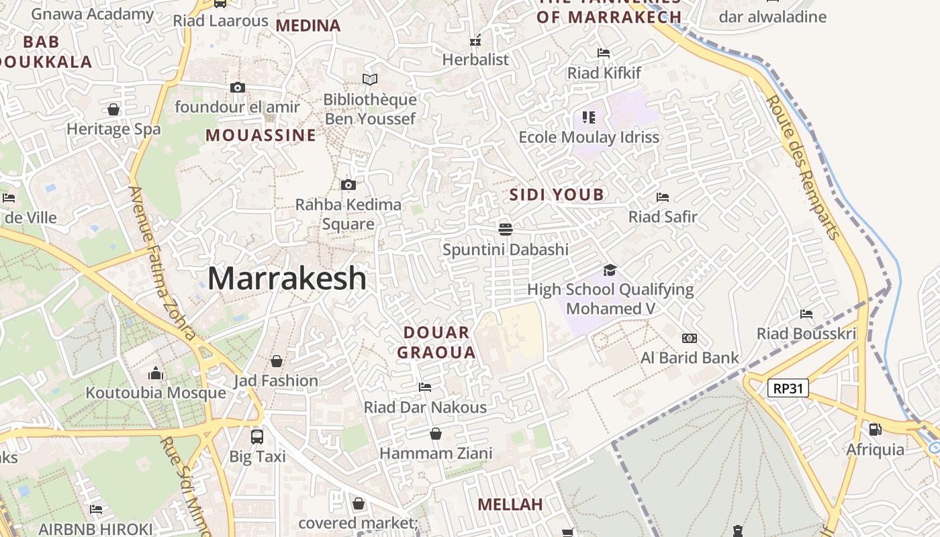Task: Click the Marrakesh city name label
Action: (x=287, y=279)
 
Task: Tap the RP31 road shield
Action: (x=788, y=388)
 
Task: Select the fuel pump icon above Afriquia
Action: (x=875, y=429)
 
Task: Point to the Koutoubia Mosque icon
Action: (x=156, y=373)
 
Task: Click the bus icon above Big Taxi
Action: (x=257, y=436)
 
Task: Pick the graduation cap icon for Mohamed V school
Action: (x=610, y=270)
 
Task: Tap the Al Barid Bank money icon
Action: (x=690, y=338)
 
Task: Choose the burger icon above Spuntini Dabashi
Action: (x=506, y=230)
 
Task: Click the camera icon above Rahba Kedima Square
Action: (x=348, y=185)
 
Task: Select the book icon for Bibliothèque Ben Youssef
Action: (x=370, y=80)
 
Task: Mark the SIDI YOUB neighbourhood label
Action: (x=557, y=195)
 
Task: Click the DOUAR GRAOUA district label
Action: (x=436, y=342)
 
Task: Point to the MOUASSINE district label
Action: (x=261, y=136)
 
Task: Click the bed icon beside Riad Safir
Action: (x=663, y=197)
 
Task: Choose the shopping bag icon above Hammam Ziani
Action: (x=436, y=434)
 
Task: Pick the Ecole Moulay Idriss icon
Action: (x=589, y=117)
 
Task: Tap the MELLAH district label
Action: (x=510, y=505)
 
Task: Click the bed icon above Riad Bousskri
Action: (x=806, y=314)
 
